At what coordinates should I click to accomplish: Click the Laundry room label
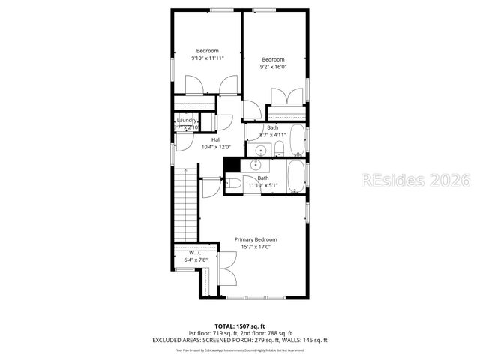click(187, 120)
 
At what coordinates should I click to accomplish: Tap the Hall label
click(216, 139)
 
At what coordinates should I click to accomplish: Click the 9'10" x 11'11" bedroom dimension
click(208, 58)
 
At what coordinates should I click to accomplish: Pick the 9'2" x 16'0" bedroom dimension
click(273, 67)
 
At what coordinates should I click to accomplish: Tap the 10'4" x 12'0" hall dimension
click(216, 147)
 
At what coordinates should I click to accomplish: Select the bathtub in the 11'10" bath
click(296, 177)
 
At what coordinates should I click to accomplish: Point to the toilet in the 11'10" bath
click(232, 183)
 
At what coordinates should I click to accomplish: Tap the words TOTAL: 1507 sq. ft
click(240, 326)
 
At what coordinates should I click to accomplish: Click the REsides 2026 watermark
click(415, 181)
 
